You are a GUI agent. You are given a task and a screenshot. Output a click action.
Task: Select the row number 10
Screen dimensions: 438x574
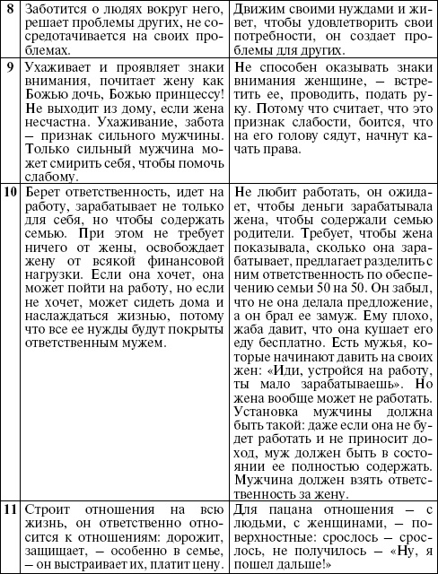[x=11, y=192]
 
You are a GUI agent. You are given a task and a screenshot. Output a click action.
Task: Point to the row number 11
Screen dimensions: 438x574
[x=11, y=512]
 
